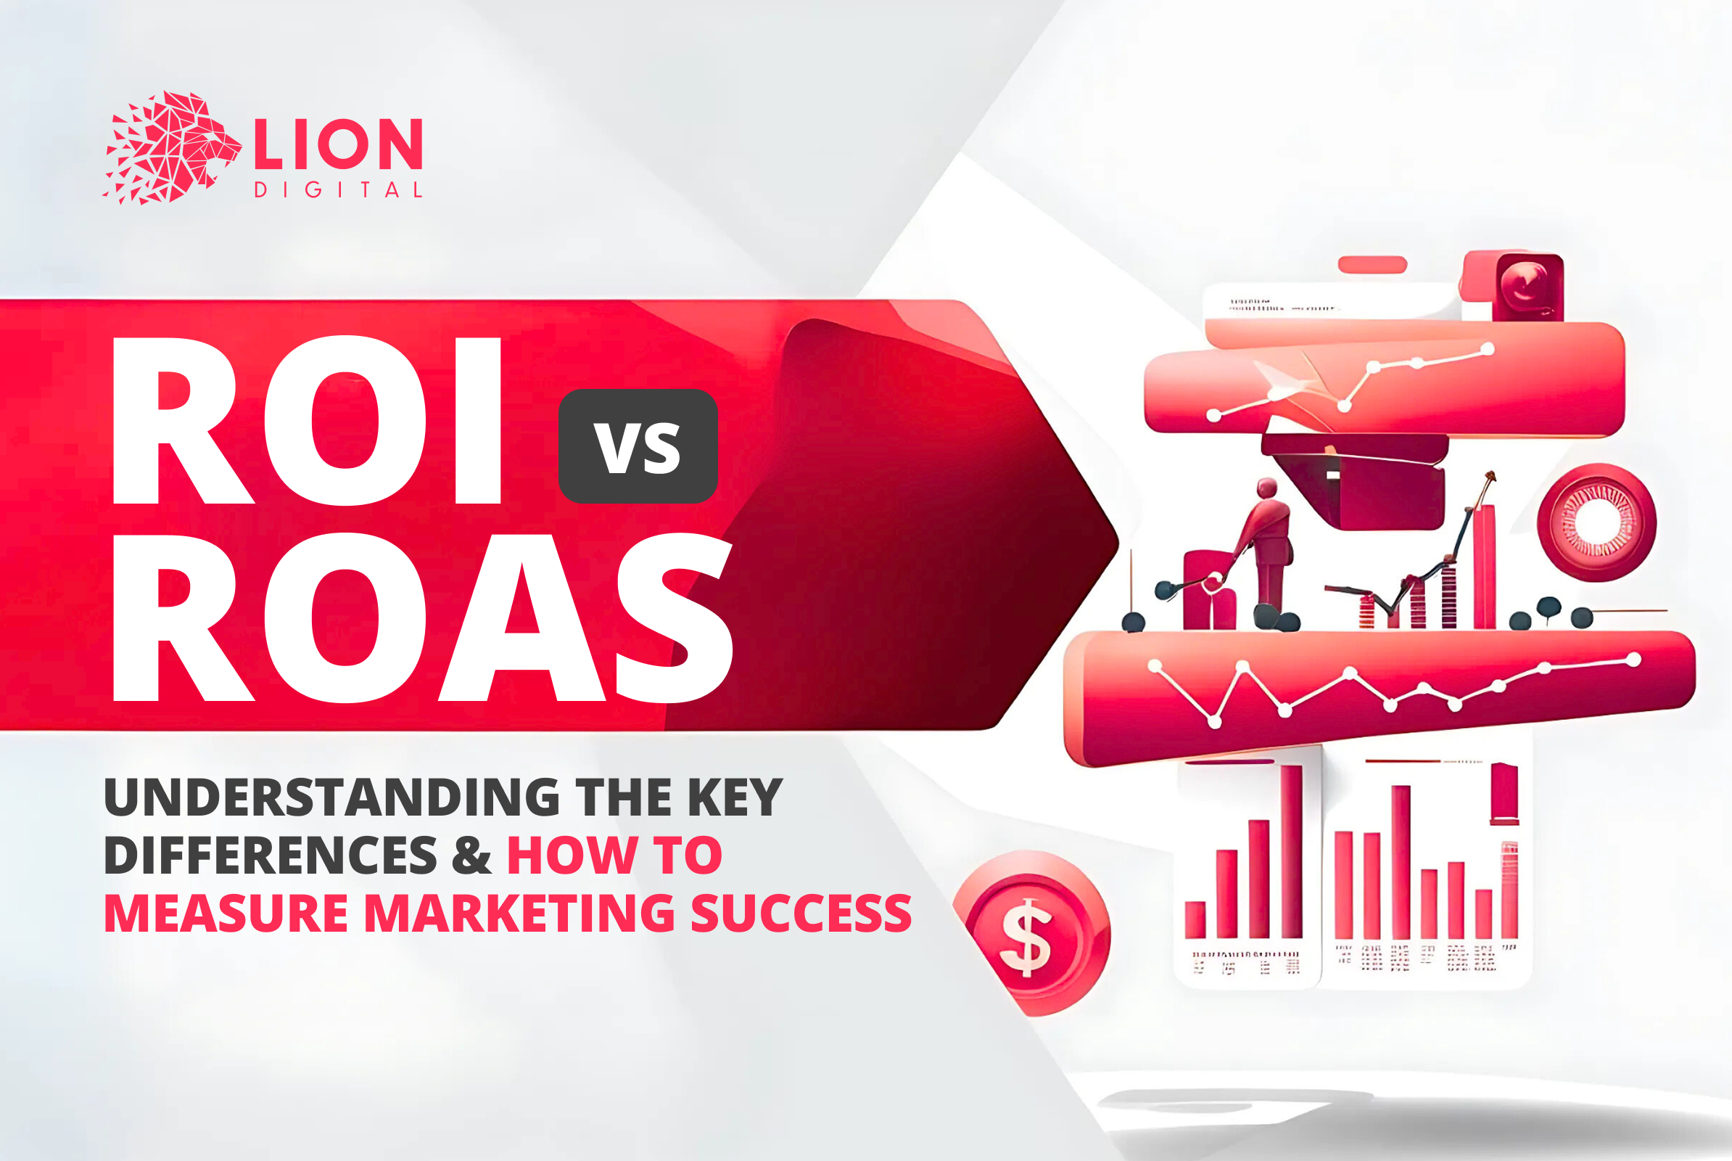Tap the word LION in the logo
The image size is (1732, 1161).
tap(338, 144)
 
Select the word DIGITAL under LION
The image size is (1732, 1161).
tap(338, 190)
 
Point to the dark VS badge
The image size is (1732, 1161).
tap(638, 446)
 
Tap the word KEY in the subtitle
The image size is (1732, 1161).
tap(735, 797)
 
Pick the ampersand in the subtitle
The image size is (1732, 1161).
tap(471, 856)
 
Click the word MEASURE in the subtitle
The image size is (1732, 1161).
tap(226, 913)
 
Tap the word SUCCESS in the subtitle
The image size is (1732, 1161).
tap(801, 913)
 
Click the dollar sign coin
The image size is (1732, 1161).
tap(1031, 935)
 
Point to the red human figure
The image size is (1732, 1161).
tap(1266, 544)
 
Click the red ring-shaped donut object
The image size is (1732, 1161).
tap(1596, 522)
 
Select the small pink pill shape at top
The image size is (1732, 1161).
tap(1372, 264)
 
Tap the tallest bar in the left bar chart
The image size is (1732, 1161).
tap(1291, 851)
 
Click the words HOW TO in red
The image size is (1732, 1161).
tap(614, 856)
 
